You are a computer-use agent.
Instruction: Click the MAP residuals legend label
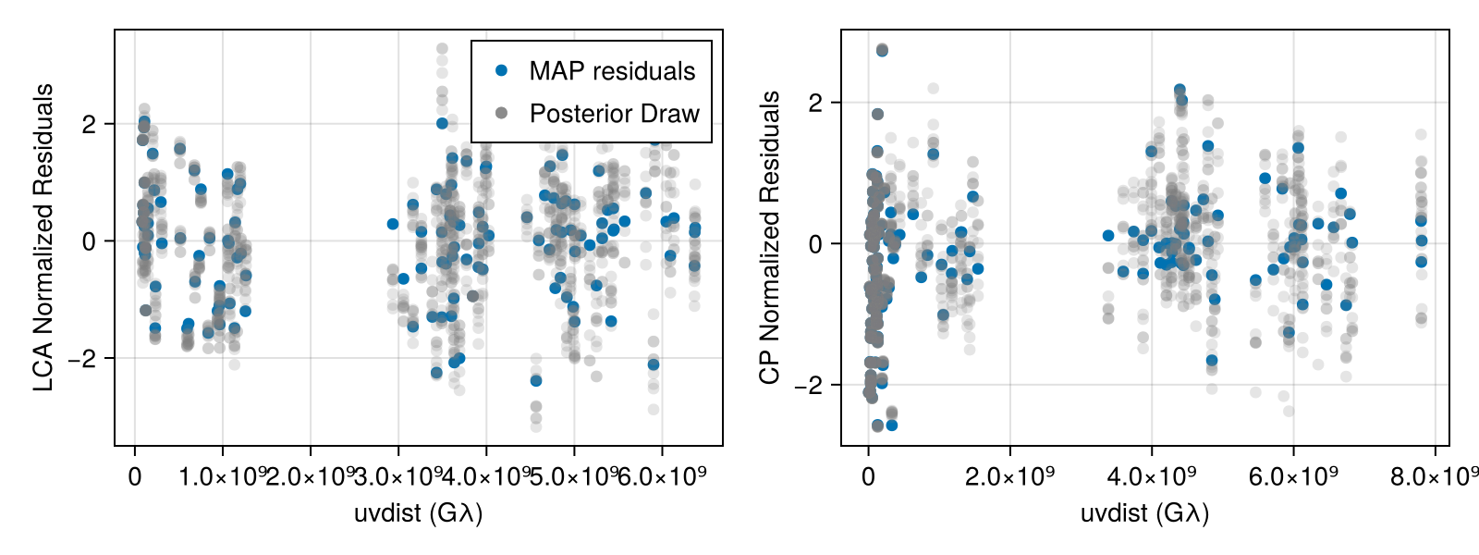[x=612, y=71]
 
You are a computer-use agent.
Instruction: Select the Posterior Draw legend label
[x=614, y=114]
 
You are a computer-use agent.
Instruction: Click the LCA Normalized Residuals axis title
[x=43, y=238]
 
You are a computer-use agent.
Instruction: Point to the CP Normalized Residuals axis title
[x=770, y=238]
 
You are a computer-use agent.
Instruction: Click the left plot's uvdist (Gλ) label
[x=418, y=512]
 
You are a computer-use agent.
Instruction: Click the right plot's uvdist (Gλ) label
[x=1144, y=512]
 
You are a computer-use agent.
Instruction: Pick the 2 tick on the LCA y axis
[x=89, y=124]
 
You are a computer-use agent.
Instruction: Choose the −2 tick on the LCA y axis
[x=81, y=358]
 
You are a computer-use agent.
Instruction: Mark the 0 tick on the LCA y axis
[x=89, y=241]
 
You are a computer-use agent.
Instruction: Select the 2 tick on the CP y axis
[x=815, y=103]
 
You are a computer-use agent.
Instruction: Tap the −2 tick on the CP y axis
[x=808, y=385]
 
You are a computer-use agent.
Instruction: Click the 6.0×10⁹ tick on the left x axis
[x=662, y=476]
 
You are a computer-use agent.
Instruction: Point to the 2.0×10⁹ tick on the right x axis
[x=1009, y=476]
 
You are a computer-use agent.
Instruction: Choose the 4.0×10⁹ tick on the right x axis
[x=1152, y=476]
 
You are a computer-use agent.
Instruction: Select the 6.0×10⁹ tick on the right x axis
[x=1293, y=476]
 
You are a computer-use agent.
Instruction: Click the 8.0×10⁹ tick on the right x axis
[x=1436, y=476]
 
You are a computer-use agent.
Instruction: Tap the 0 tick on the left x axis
[x=135, y=476]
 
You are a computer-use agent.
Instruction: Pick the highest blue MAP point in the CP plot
[x=882, y=51]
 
